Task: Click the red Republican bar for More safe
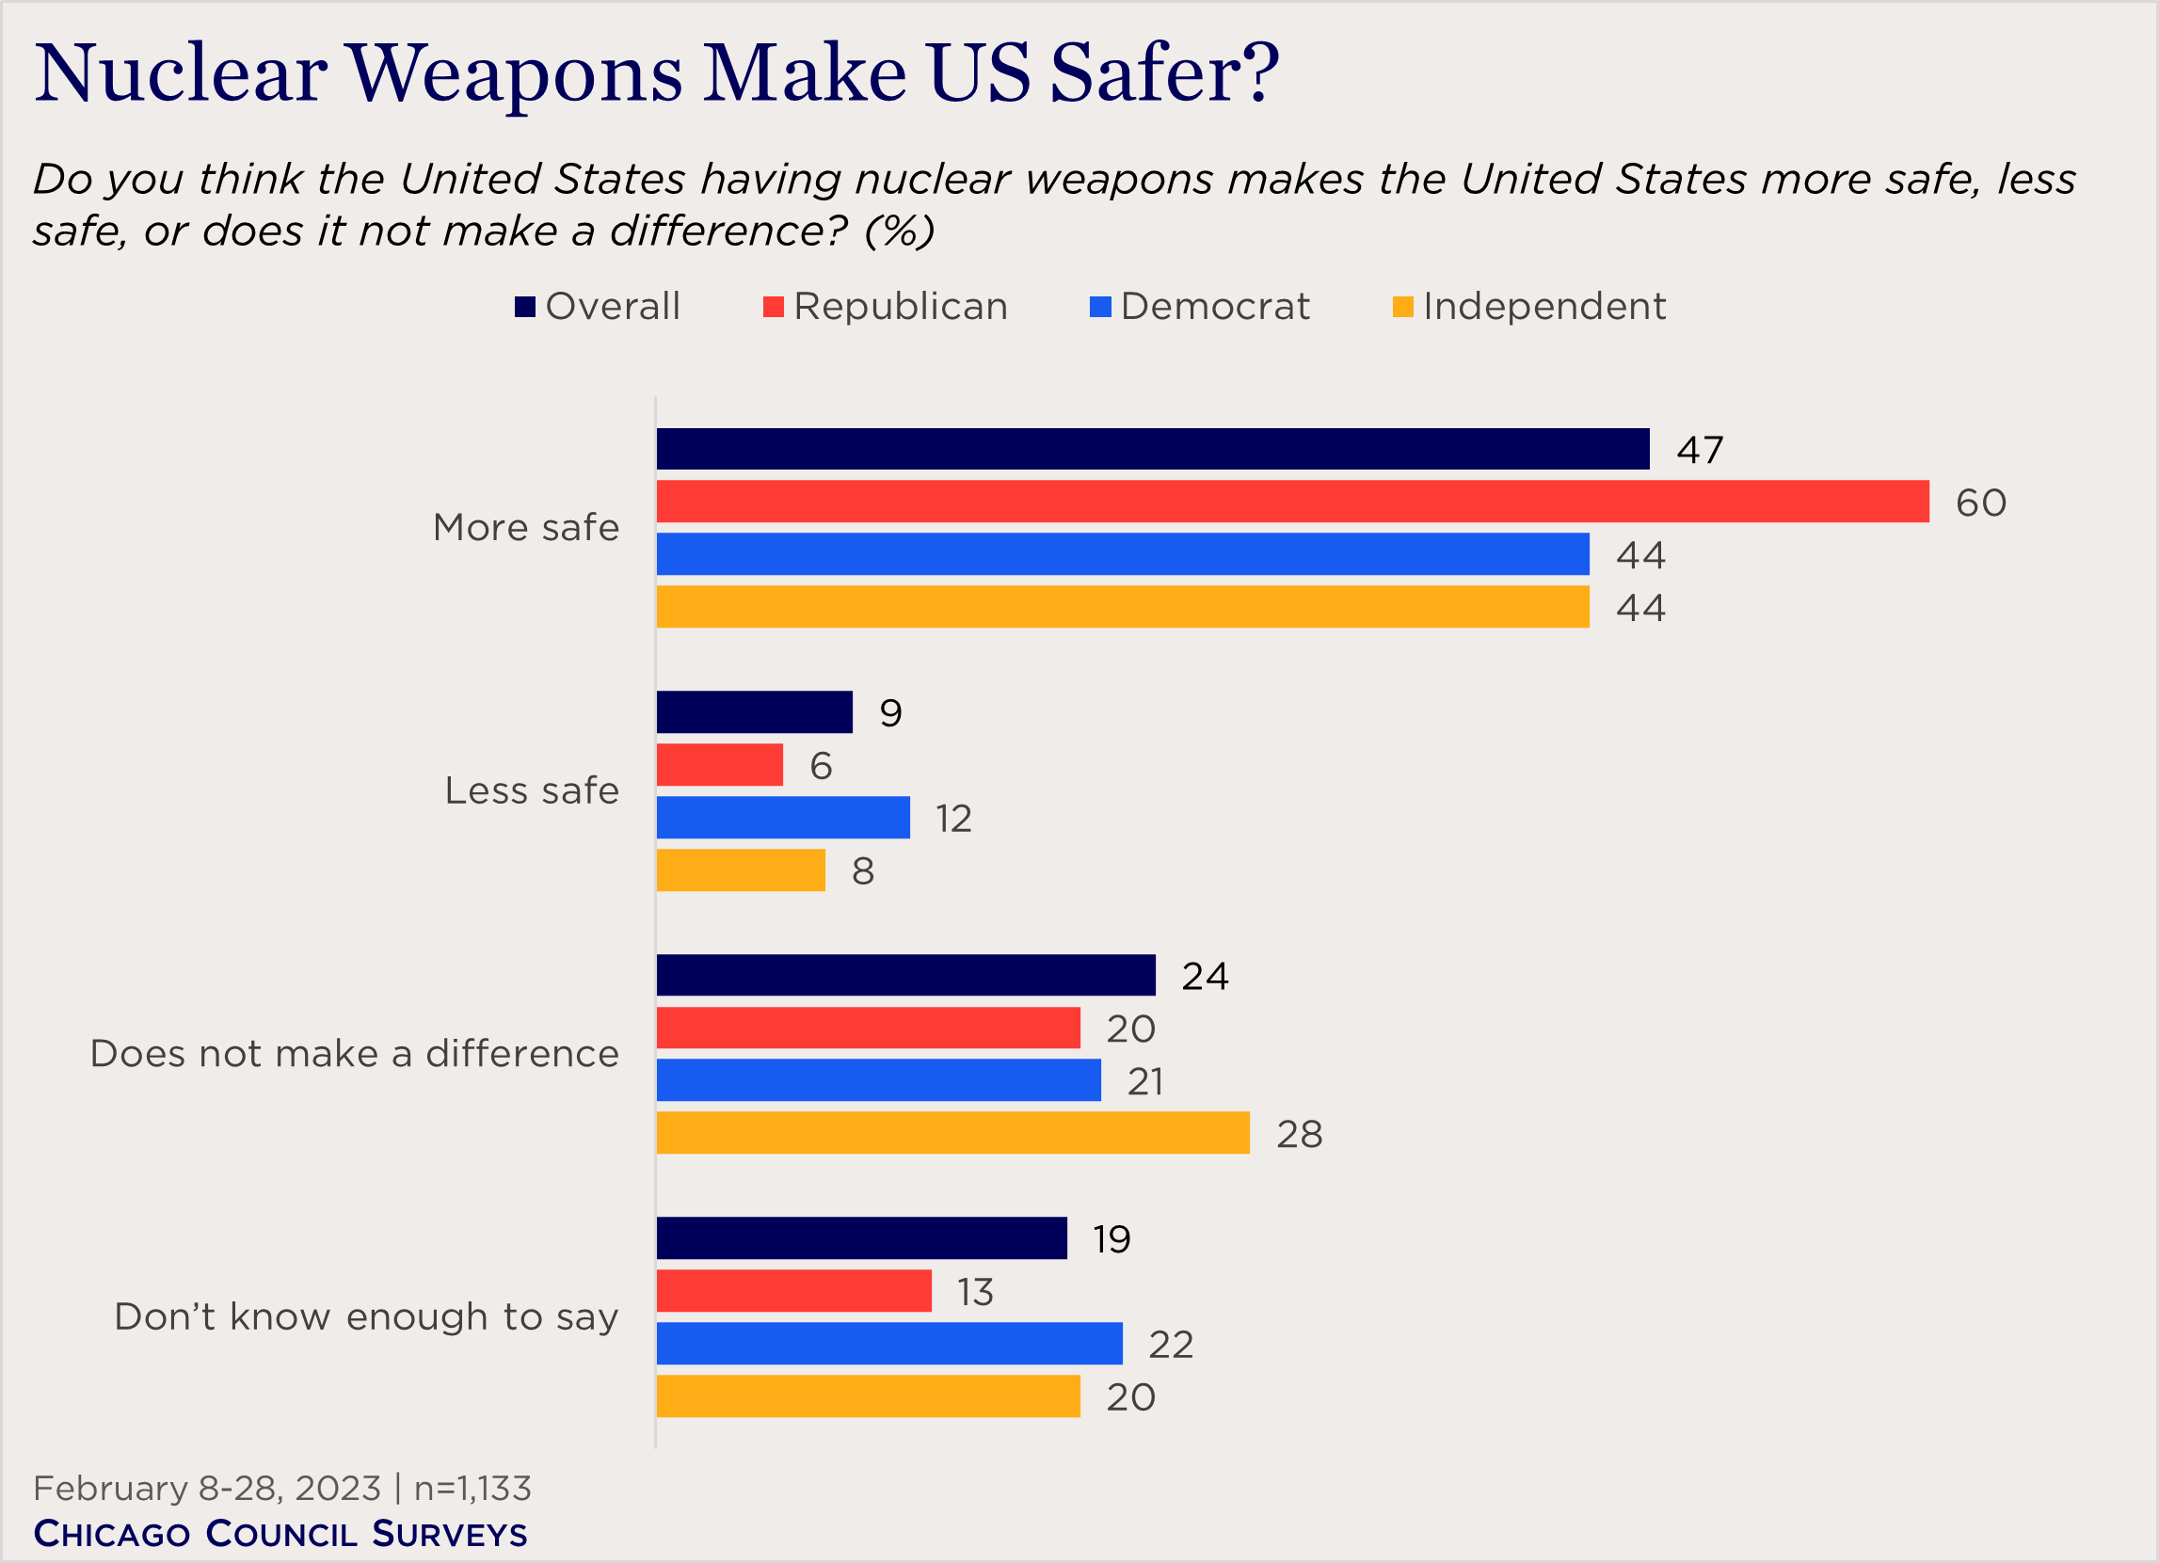[1292, 501]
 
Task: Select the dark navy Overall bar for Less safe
[754, 712]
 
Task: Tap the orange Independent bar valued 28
[952, 1133]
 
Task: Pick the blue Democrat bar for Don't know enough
[889, 1343]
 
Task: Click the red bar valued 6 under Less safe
[720, 764]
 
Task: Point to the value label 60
[1980, 502]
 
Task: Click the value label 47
[1699, 449]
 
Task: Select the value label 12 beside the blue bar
[952, 819]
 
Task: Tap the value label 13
[975, 1292]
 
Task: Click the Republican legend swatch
[773, 307]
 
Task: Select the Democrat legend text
[1215, 307]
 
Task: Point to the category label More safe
[525, 527]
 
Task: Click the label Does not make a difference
[354, 1054]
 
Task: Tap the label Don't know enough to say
[366, 1316]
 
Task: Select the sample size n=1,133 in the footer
[472, 1488]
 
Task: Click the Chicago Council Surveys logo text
[280, 1534]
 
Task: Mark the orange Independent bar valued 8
[741, 870]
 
